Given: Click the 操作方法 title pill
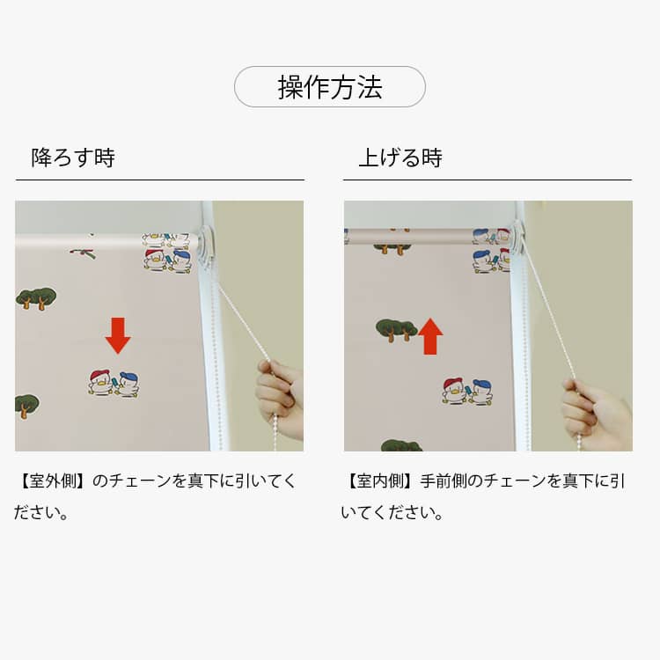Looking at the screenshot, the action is click(x=330, y=87).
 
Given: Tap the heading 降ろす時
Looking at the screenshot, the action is click(x=73, y=158).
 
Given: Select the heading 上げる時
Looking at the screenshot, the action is click(x=400, y=158).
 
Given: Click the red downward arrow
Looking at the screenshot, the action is click(x=118, y=335).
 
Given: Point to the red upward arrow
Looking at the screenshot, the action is click(x=430, y=336).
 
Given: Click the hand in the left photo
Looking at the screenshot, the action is click(x=280, y=398).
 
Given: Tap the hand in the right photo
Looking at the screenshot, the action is click(x=598, y=414).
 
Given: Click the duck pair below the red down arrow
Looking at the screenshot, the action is click(x=114, y=383).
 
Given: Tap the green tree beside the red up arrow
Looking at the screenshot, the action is click(x=396, y=330).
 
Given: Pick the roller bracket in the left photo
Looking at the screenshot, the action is click(x=207, y=249).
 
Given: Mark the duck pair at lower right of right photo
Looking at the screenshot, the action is click(x=467, y=392).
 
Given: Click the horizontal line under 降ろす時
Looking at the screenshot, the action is click(x=160, y=180).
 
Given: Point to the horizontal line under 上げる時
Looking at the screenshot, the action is click(x=488, y=180).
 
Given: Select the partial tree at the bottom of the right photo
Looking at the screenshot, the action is click(x=401, y=445).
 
